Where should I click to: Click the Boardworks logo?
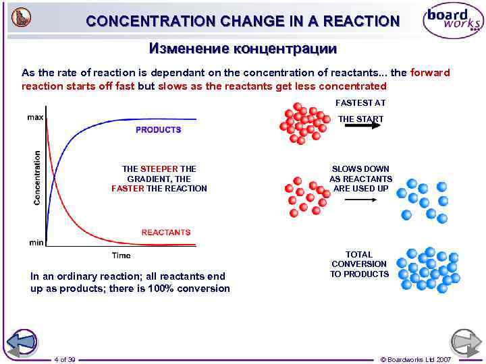[452, 22]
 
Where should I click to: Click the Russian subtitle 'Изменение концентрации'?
[242, 49]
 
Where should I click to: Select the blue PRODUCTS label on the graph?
[159, 129]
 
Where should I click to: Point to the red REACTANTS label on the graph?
[166, 232]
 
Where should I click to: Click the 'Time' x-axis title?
[121, 255]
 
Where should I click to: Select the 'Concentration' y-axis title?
[37, 177]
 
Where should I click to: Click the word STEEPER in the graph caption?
[159, 169]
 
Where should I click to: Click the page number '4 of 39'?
[65, 359]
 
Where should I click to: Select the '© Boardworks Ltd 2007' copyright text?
[416, 359]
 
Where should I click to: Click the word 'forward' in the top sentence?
[430, 73]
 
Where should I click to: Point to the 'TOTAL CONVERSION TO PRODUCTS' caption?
[359, 264]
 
